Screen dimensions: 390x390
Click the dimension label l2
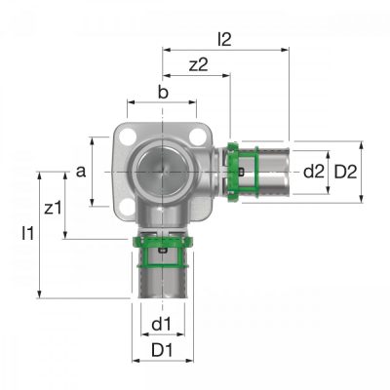pos(224,40)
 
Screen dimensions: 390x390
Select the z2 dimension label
pos(198,65)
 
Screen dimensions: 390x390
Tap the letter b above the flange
pos(163,93)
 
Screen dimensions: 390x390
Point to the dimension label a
pos(81,172)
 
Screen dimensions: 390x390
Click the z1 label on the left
pos(53,208)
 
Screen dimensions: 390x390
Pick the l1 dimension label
pos(28,233)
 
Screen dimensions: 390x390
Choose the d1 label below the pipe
pos(161,324)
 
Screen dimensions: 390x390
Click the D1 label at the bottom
pos(162,350)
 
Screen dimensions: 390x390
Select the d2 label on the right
pos(314,172)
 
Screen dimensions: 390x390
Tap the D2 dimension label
pos(345,172)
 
